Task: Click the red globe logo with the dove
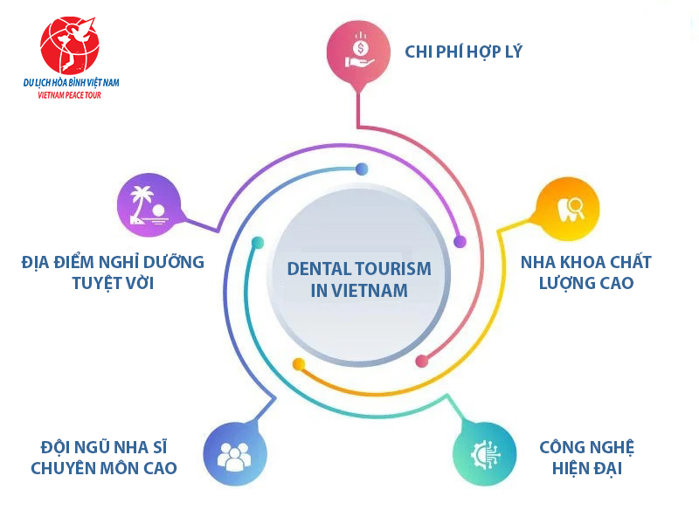coord(70,45)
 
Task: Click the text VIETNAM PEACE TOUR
coord(70,95)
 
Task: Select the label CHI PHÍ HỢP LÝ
coord(463,52)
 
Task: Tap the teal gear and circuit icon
coord(485,454)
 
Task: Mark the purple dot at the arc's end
coord(460,242)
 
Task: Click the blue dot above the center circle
coord(362,169)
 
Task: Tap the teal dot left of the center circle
coord(258,243)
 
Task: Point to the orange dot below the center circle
coord(299,364)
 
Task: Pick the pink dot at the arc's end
coord(421,361)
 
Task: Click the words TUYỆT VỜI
coord(114,283)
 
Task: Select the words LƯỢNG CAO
coord(586,283)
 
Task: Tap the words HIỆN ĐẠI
coord(586,468)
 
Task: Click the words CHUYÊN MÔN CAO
coord(104,468)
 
